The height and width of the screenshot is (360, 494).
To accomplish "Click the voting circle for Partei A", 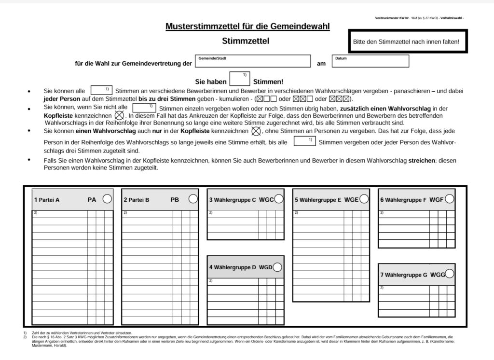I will (x=107, y=199).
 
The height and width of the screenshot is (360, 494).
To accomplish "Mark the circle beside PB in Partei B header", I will (x=193, y=199).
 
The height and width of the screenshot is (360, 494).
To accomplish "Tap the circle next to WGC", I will (x=278, y=199).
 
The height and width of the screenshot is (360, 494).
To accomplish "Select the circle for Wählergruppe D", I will (x=277, y=267).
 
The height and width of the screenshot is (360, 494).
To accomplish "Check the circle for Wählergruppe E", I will (x=364, y=199).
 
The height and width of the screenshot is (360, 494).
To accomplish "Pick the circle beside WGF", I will (x=449, y=198).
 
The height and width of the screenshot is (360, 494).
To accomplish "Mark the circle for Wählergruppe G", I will (x=450, y=274).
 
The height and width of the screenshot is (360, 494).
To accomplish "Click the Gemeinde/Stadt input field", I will (x=253, y=61).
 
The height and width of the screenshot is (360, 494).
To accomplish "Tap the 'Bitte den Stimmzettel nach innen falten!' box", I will (x=406, y=42).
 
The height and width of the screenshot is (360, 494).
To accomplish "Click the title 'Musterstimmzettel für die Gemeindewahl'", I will (x=247, y=26).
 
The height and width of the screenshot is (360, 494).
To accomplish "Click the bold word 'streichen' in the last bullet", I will (x=422, y=160).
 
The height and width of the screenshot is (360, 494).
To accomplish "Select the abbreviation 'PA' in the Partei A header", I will (x=92, y=199).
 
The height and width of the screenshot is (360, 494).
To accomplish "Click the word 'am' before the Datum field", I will (x=321, y=64).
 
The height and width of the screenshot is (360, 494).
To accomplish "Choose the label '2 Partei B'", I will (x=137, y=199).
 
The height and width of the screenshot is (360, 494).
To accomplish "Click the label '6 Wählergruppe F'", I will (x=403, y=199).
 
